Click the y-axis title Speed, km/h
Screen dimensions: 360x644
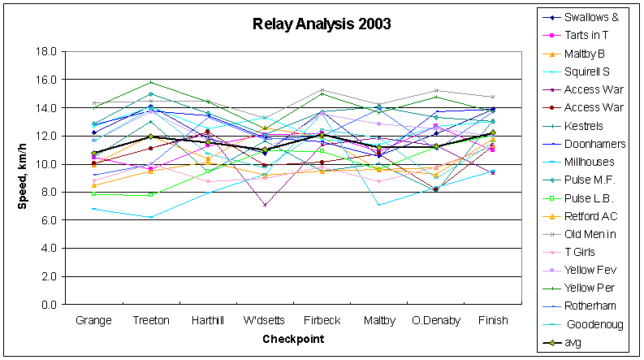(x=25, y=177)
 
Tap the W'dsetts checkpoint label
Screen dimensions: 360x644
(x=264, y=320)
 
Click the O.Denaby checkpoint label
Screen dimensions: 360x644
(x=436, y=320)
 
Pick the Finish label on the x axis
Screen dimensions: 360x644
(x=493, y=320)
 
